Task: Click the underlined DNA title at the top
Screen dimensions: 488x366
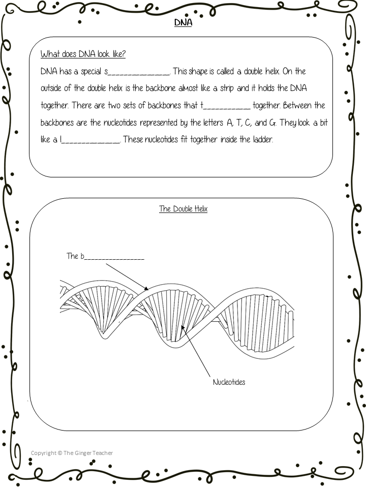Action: [x=183, y=23]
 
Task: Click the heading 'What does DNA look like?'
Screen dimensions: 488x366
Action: [x=83, y=54]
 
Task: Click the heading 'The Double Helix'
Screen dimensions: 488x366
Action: [x=183, y=209]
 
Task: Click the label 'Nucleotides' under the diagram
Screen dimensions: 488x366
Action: [x=229, y=382]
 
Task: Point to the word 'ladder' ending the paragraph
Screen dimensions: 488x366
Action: [x=263, y=140]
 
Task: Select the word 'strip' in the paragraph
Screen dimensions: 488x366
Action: [x=225, y=88]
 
